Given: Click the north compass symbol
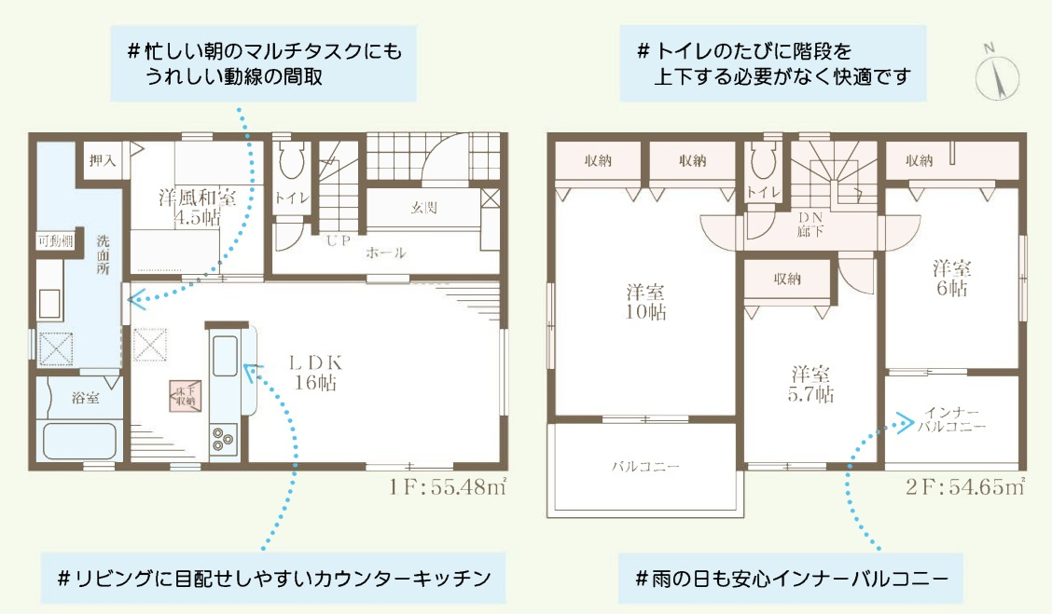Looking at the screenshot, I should pos(994,71).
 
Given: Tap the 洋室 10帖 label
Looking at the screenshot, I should pos(645,302).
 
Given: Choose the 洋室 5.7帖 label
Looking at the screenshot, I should pos(809,384).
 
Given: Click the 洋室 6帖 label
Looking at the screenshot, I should pos(951,278).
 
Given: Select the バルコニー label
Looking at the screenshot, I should pos(645,466).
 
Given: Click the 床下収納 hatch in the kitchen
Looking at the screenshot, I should pos(182,395).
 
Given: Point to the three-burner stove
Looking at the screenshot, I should pos(224,438).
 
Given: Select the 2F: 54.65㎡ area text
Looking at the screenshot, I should pos(964,486).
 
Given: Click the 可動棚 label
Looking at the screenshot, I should pos(55,241).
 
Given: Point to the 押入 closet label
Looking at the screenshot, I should pos(104,160).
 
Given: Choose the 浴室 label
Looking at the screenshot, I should pos(86,398).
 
